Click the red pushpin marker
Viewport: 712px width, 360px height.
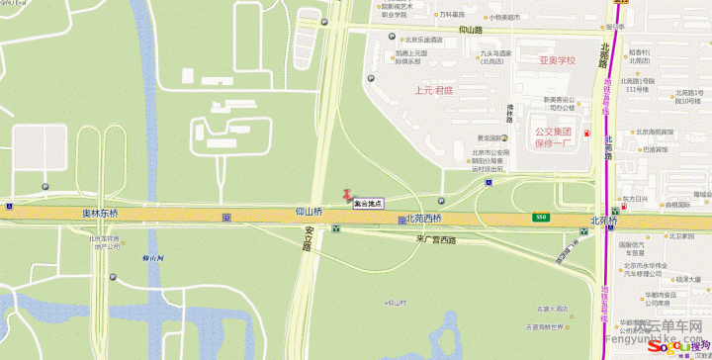point(346,196)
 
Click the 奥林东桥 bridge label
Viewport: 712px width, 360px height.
point(100,214)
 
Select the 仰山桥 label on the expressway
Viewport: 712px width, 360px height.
point(309,213)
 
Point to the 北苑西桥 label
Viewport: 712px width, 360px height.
point(423,219)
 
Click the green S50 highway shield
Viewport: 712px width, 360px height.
point(541,217)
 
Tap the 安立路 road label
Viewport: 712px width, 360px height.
point(306,240)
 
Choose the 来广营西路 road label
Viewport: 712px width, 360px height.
point(435,240)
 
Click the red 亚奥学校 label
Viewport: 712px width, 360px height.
point(557,60)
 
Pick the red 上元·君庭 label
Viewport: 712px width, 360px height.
point(432,88)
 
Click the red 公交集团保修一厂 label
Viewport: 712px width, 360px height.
point(555,136)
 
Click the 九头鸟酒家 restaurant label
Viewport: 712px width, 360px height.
point(495,56)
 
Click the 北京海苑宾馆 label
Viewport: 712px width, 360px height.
point(655,132)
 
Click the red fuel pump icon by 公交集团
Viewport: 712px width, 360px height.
point(587,134)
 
